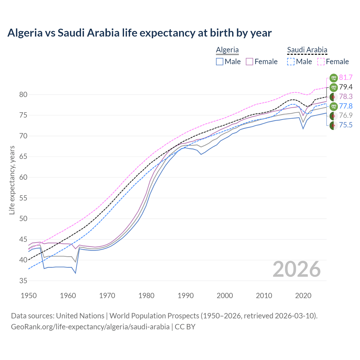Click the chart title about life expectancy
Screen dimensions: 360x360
139,33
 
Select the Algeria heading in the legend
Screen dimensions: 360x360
227,50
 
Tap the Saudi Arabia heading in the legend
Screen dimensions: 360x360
307,50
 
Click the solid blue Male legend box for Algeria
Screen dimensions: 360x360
220,62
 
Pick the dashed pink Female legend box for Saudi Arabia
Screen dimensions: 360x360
321,62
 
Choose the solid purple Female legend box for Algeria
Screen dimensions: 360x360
250,62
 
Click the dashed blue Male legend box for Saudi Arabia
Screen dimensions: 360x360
291,62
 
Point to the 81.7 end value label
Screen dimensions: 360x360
346,77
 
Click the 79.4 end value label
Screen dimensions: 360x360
346,87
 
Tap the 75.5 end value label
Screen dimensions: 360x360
346,125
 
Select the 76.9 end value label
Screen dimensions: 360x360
346,116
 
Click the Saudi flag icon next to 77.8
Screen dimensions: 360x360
334,106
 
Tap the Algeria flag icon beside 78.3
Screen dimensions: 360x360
334,97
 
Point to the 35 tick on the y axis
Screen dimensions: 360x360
23,281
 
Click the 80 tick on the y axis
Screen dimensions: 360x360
23,94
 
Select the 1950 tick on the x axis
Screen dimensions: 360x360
29,296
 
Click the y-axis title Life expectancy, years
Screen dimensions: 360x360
12,180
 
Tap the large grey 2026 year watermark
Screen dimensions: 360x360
296,269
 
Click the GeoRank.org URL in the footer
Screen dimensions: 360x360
90,327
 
